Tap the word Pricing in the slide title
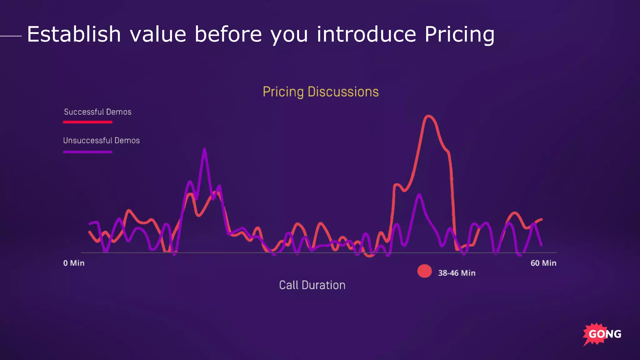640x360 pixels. click(459, 35)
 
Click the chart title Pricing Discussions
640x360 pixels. click(321, 92)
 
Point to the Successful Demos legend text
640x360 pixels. click(97, 112)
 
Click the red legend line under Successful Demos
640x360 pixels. click(87, 122)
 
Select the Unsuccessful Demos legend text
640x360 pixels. click(101, 141)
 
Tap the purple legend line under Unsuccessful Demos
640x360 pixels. click(87, 152)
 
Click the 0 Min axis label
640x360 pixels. click(74, 263)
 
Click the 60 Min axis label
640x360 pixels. click(543, 263)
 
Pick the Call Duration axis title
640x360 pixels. click(312, 285)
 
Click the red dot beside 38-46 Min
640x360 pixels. click(424, 271)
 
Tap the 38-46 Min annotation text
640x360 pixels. click(457, 273)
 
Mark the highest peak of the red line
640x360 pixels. click(428, 116)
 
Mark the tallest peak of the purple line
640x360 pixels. click(205, 150)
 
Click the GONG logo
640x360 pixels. click(602, 334)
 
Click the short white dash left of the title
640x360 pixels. click(11, 36)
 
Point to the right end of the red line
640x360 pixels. click(542, 219)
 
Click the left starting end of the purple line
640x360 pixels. click(90, 223)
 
